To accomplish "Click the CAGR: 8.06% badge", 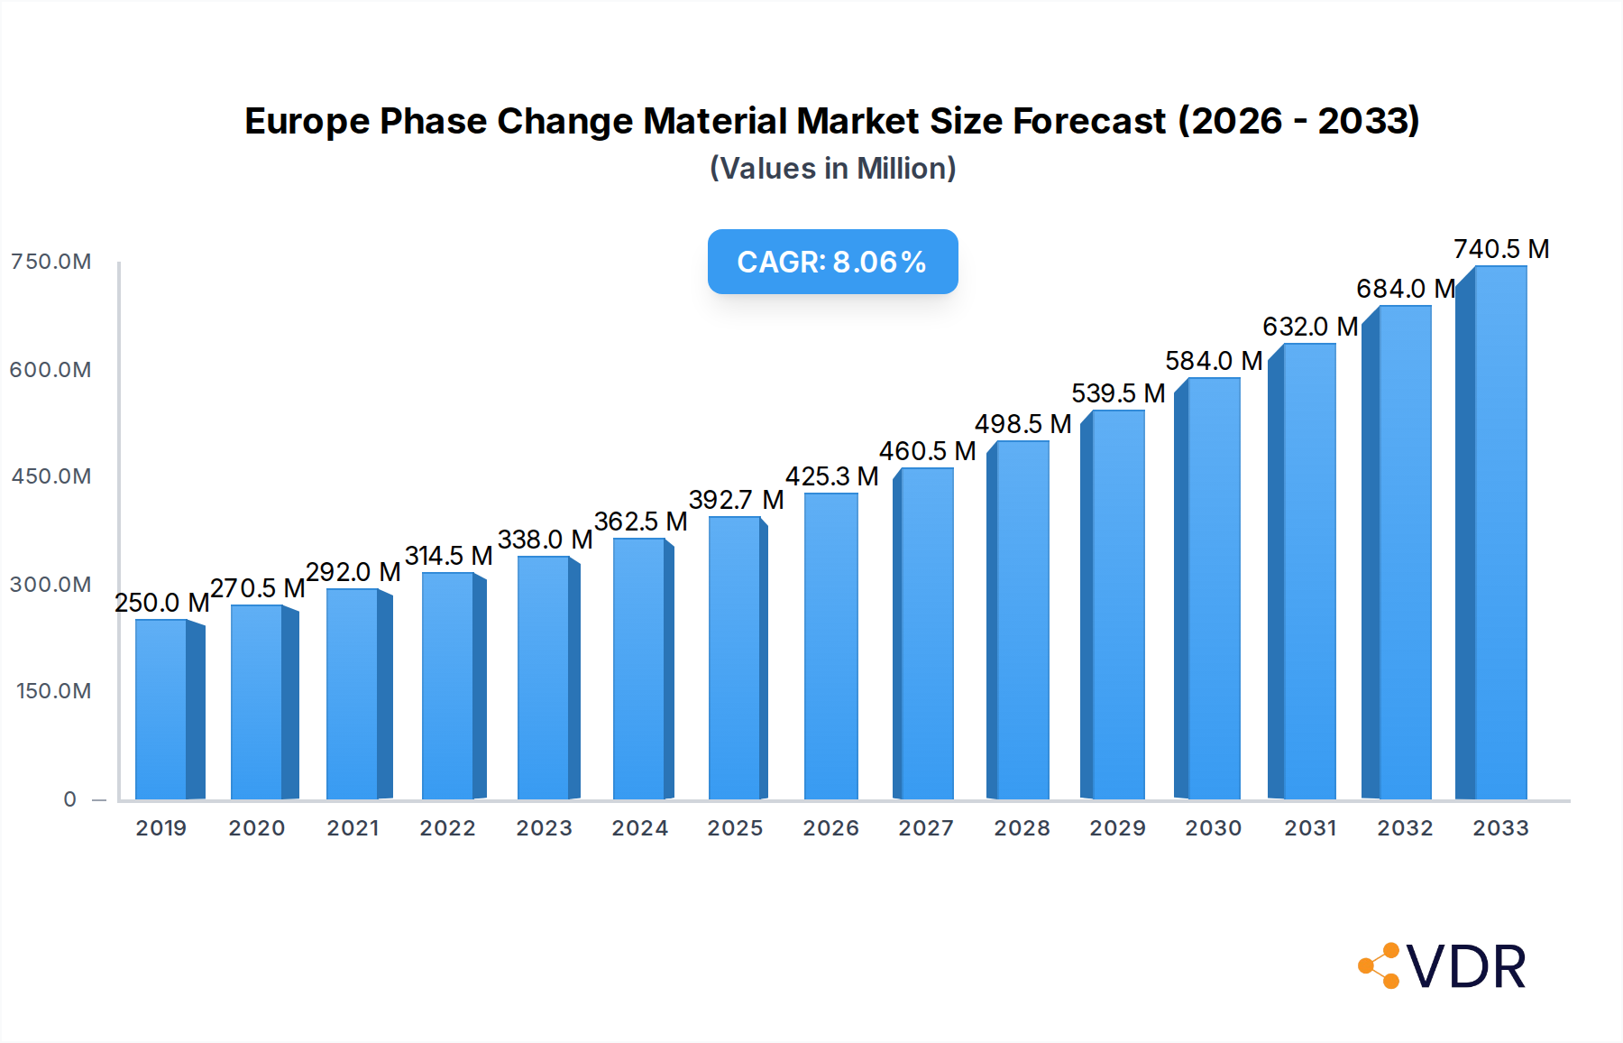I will [x=832, y=262].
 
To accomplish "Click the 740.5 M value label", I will [x=1500, y=249].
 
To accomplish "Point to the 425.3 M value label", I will [x=831, y=476].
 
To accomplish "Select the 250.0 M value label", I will [x=161, y=603].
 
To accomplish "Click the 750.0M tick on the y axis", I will [x=50, y=262].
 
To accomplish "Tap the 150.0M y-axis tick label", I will [x=53, y=691].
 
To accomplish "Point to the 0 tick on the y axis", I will [x=70, y=799].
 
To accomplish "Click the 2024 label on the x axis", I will [x=639, y=828].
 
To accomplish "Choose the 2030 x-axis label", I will [x=1213, y=828].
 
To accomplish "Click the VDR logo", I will [x=1443, y=966].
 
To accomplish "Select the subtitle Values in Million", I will [x=832, y=169].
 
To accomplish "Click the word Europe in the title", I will [x=307, y=122].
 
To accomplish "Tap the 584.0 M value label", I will [x=1213, y=361].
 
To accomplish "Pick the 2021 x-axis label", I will [x=353, y=828].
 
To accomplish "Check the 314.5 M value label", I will [x=448, y=556].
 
